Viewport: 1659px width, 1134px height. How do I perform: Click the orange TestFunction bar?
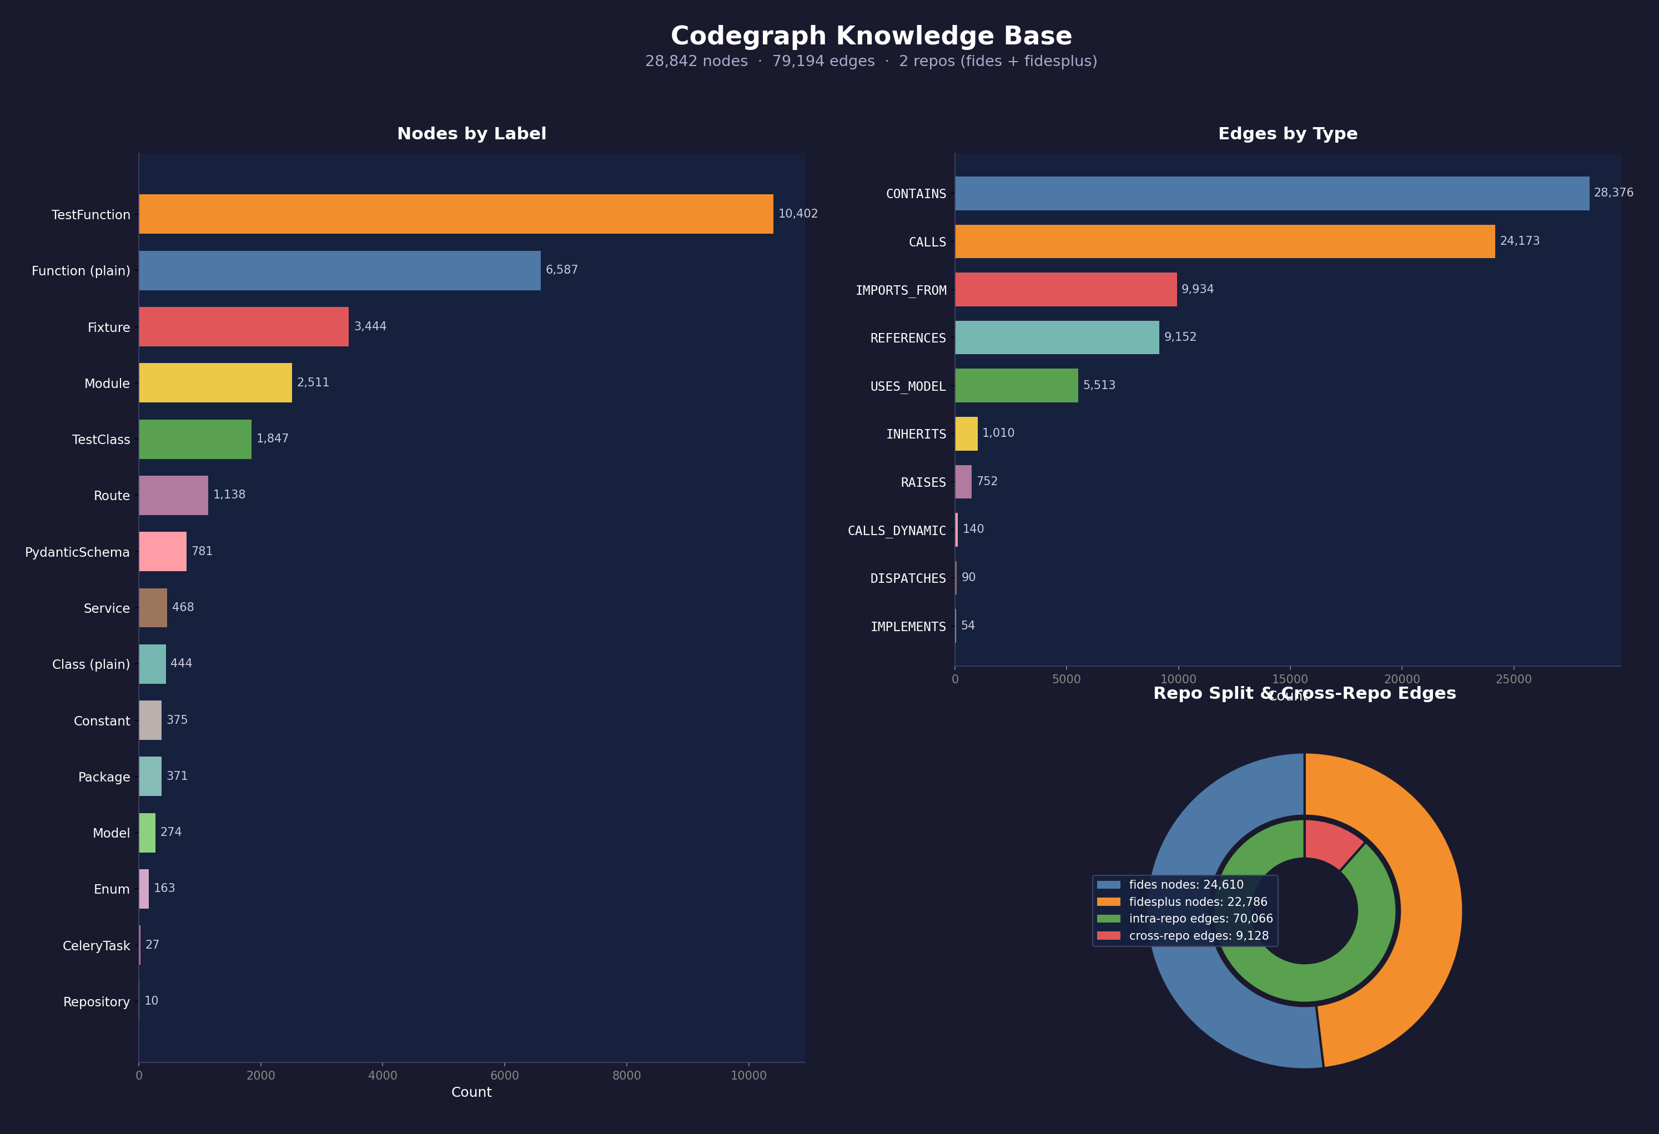click(455, 214)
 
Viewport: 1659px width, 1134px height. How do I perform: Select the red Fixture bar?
click(243, 327)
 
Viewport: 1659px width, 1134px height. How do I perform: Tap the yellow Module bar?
click(215, 382)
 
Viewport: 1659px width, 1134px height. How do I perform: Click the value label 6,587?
click(562, 270)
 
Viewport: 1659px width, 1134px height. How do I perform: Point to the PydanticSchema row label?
click(77, 552)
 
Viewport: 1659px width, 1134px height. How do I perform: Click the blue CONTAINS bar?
click(1271, 193)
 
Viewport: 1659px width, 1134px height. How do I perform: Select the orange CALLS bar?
click(1224, 241)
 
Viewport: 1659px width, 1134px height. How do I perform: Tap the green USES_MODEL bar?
click(1016, 385)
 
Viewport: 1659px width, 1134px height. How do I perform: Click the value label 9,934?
click(1197, 289)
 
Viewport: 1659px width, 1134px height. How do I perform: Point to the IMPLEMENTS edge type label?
click(907, 627)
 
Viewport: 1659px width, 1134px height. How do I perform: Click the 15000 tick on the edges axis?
click(1290, 679)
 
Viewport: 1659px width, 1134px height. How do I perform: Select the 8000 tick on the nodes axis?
click(627, 1076)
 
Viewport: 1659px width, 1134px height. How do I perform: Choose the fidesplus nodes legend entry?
click(1197, 902)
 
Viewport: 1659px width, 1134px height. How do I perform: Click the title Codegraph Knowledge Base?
click(871, 36)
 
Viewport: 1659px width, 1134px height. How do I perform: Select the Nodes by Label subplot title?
click(471, 133)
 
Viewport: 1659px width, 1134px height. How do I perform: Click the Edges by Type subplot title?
click(1287, 133)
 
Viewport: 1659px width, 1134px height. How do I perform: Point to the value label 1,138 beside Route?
click(229, 495)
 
